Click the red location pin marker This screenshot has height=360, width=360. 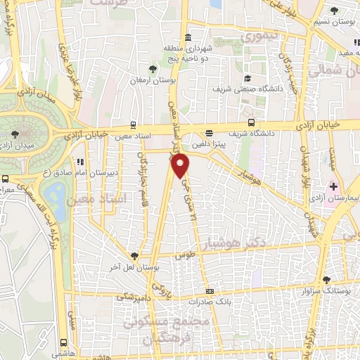(181, 167)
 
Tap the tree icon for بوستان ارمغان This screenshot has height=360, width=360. (152, 69)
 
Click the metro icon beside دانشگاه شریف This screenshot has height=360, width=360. (209, 132)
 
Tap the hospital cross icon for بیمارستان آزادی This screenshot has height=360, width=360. (334, 186)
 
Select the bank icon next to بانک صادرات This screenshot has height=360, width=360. (209, 291)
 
